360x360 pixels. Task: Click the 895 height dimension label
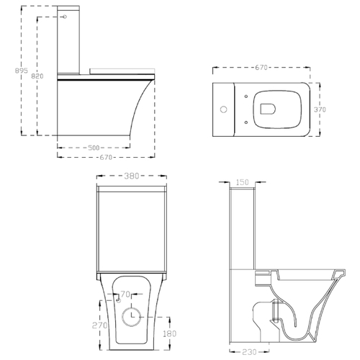tap(22, 71)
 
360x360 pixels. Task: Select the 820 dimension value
tap(37, 76)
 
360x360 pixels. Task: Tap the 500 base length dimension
tap(94, 148)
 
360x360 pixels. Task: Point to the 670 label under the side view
tap(106, 157)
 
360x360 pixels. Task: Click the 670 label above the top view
tap(261, 68)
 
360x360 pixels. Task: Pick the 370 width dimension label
tap(320, 109)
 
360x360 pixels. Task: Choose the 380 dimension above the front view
tap(132, 176)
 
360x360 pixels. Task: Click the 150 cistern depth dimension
tap(242, 182)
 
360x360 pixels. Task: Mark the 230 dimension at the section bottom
tap(249, 352)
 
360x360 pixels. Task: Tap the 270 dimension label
tap(99, 325)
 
